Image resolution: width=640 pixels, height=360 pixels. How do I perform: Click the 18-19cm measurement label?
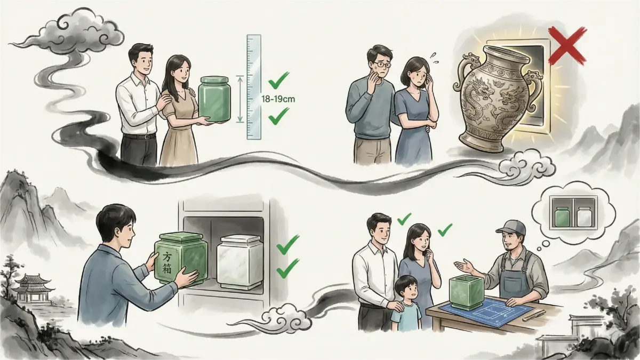click(278, 99)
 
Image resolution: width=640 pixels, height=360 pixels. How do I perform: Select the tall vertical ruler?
click(254, 87)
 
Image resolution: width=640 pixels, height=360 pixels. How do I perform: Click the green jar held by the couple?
click(215, 99)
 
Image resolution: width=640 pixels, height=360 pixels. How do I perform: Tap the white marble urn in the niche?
click(239, 262)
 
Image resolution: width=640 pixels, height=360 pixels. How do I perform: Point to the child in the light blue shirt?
click(406, 303)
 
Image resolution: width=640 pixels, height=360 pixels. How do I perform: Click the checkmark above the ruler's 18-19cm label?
click(278, 81)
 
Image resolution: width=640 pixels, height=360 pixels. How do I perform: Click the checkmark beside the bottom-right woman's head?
click(445, 230)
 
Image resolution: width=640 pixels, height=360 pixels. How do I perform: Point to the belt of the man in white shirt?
click(139, 137)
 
